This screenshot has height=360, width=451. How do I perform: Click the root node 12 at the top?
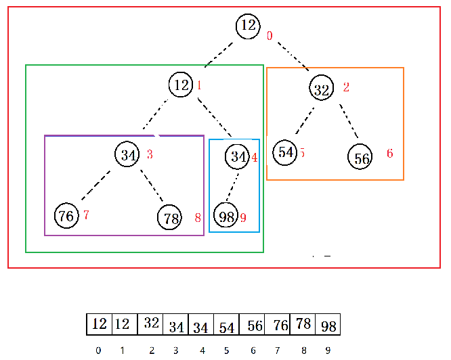pyautogui.click(x=249, y=26)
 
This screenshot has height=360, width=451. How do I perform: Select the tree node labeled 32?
pyautogui.click(x=322, y=88)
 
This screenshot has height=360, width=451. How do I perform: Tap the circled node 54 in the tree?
pyautogui.click(x=286, y=152)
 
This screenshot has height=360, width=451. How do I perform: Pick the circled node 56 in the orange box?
pyautogui.click(x=362, y=158)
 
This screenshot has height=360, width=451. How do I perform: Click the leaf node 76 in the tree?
pyautogui.click(x=66, y=216)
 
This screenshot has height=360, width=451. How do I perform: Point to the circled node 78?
pyautogui.click(x=171, y=218)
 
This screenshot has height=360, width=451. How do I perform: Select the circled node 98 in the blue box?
pyautogui.click(x=226, y=217)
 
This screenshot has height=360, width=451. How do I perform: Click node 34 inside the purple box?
pyautogui.click(x=127, y=154)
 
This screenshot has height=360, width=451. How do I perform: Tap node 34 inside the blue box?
pyautogui.click(x=238, y=157)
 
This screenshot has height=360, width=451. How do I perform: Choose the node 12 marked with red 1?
pyautogui.click(x=181, y=85)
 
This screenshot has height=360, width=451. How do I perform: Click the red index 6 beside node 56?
pyautogui.click(x=389, y=154)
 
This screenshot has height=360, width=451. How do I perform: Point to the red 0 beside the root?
pyautogui.click(x=270, y=35)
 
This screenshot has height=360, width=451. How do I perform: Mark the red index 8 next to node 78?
pyautogui.click(x=198, y=218)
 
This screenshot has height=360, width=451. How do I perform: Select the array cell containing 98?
pyautogui.click(x=328, y=325)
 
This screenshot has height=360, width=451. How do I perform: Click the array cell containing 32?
pyautogui.click(x=150, y=323)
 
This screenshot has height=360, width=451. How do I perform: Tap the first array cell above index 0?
pyautogui.click(x=99, y=323)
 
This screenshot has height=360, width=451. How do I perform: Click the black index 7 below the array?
pyautogui.click(x=277, y=351)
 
